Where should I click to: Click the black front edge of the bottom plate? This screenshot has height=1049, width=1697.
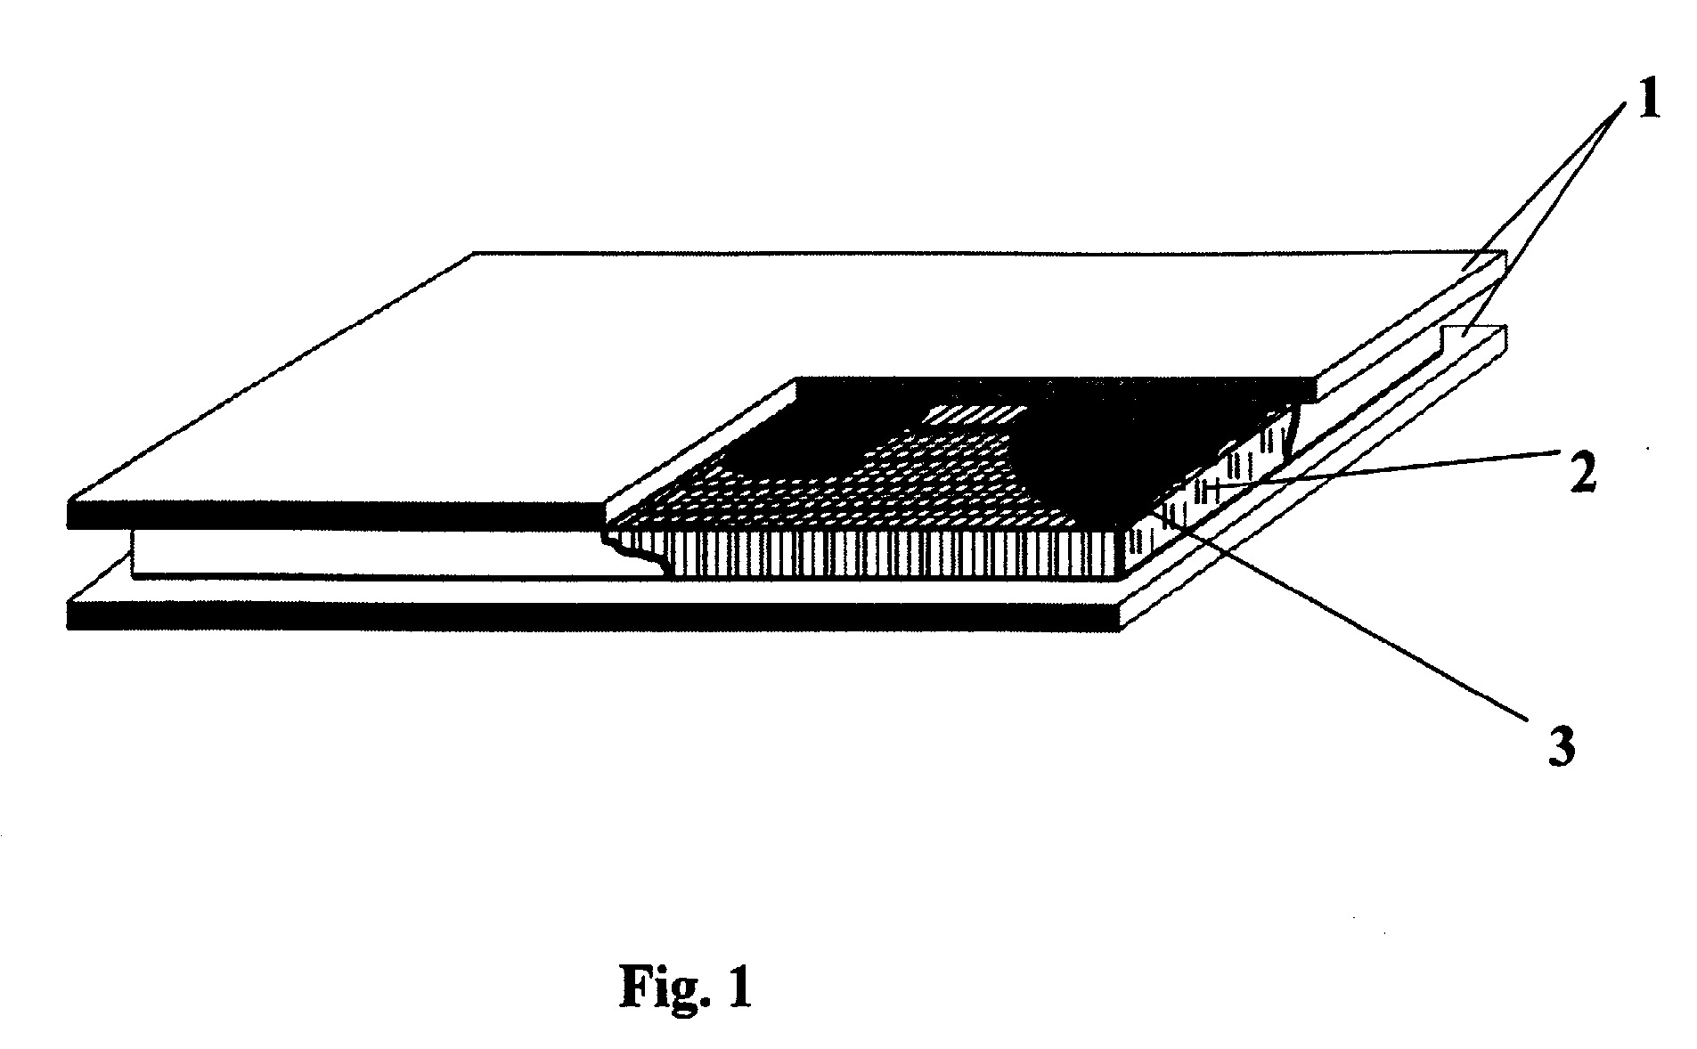pyautogui.click(x=593, y=616)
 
